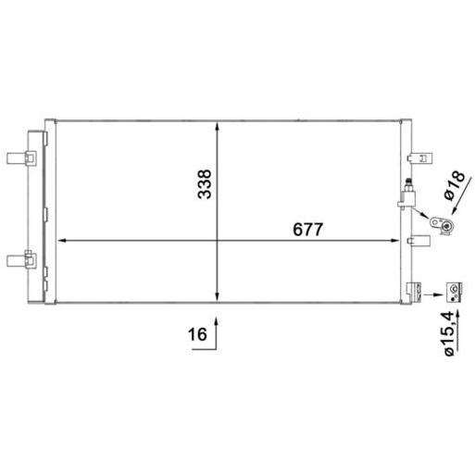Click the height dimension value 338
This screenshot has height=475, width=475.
205,184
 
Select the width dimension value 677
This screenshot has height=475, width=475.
307,230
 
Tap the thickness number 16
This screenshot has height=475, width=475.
197,334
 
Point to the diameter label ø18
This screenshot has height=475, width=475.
454,185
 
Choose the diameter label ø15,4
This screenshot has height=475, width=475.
449,333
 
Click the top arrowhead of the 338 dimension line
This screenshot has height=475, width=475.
218,126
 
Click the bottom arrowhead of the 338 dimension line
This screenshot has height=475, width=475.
218,296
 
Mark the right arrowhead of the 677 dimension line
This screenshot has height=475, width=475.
394,241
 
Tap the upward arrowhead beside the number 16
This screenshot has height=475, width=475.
217,321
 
